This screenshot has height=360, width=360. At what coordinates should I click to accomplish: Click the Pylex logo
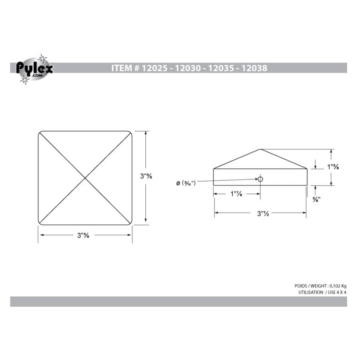(34, 69)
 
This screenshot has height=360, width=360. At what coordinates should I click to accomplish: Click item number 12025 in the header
(154, 68)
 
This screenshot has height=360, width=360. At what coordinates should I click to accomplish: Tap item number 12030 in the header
(187, 68)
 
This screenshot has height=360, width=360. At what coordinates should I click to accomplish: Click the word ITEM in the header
(121, 68)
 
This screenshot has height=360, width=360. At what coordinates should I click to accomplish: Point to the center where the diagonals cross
(85, 178)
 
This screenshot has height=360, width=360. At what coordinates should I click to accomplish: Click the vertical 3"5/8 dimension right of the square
(146, 176)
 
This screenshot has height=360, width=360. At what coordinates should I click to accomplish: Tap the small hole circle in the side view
(260, 179)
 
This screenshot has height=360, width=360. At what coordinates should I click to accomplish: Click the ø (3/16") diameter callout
(186, 183)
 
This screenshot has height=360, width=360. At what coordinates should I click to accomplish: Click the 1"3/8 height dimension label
(333, 167)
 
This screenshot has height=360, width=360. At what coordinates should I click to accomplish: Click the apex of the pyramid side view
(260, 150)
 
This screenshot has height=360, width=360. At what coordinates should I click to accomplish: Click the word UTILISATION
(310, 292)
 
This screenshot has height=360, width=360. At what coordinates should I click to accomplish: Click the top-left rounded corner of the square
(40, 133)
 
